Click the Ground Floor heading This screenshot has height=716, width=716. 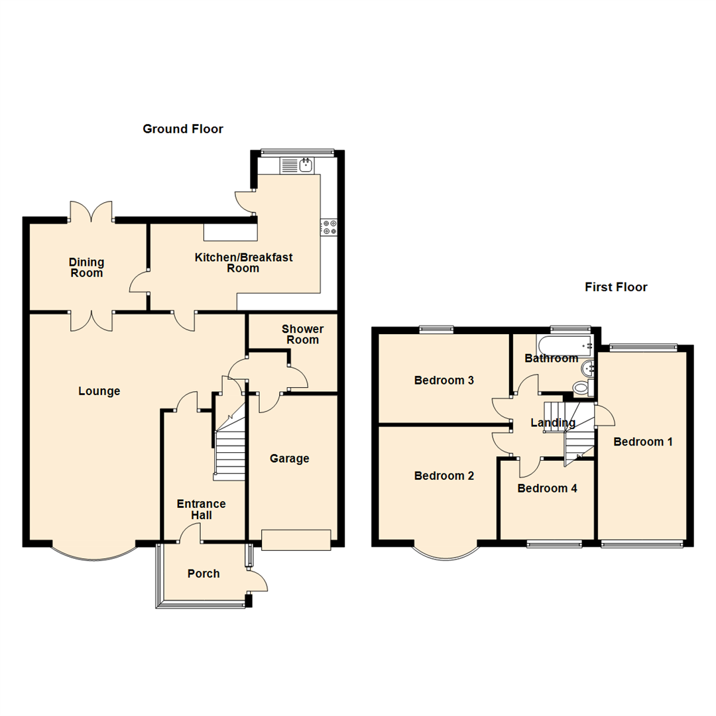tap(183, 129)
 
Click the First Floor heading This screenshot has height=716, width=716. tap(616, 287)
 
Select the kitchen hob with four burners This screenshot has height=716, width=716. tap(329, 227)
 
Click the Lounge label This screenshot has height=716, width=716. tap(99, 391)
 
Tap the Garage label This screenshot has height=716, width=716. tap(290, 459)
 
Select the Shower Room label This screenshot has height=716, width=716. tap(302, 335)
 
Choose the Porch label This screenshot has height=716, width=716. tap(204, 573)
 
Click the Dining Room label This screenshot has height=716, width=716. tap(86, 268)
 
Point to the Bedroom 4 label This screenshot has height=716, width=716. tap(547, 489)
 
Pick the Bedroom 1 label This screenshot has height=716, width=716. tap(643, 442)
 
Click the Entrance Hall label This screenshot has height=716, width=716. tap(201, 509)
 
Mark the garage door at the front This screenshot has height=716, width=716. tap(296, 540)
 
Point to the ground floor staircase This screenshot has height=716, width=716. tap(229, 451)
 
